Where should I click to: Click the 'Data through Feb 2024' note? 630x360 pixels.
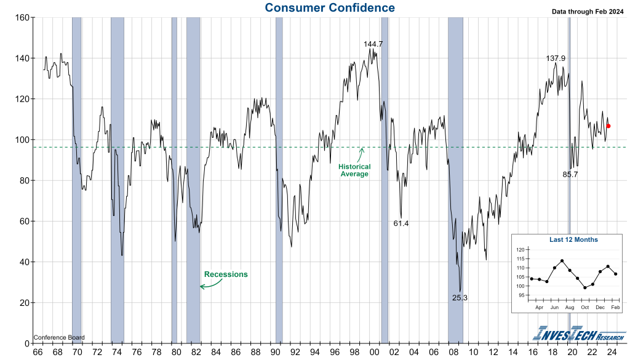[x=587, y=12]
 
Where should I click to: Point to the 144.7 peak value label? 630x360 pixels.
[x=373, y=44]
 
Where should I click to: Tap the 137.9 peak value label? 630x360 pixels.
[x=556, y=58]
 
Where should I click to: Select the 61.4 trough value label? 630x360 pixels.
[x=401, y=223]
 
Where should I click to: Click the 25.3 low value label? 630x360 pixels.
[x=460, y=298]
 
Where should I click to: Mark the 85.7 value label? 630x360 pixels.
[x=570, y=175]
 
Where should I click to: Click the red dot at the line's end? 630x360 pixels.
[x=608, y=126]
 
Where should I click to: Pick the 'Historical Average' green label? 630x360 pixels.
[x=356, y=170]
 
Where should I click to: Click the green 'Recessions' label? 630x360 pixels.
[x=226, y=274]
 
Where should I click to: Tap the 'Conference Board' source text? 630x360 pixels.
[x=59, y=337]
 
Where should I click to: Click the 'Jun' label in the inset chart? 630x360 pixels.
[x=554, y=306]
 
